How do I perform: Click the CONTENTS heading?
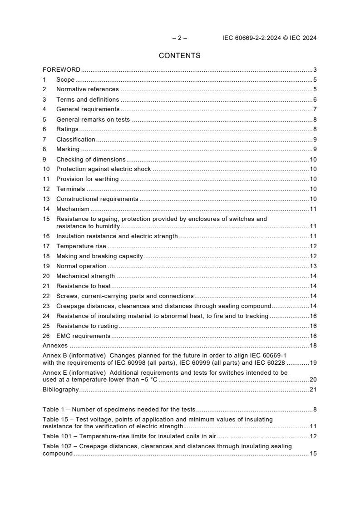(179, 56)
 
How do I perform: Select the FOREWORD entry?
(61, 70)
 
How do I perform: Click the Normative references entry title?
(87, 89)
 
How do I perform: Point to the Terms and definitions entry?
(88, 99)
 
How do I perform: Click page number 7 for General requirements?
(315, 109)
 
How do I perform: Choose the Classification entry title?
(75, 139)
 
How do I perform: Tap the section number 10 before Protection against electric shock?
(46, 169)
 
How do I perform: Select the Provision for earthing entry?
(87, 179)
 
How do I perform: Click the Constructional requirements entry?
(97, 199)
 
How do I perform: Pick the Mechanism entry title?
(73, 209)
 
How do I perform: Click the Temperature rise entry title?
(81, 246)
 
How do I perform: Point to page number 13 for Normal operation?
(313, 266)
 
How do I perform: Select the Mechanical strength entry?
(85, 276)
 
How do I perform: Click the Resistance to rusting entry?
(87, 326)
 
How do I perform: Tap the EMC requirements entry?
(83, 336)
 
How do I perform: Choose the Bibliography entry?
(61, 390)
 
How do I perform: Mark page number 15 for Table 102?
(313, 454)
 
